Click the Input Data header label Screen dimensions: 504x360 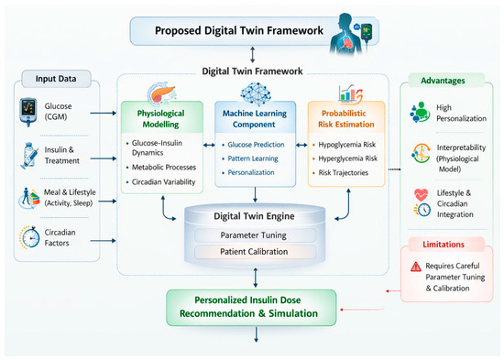coord(56,79)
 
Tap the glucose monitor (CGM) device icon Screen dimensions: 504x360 coord(28,112)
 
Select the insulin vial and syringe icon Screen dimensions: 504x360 coord(30,156)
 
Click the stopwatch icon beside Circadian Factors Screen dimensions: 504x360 coord(29,237)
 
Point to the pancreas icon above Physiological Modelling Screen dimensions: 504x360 coord(161,93)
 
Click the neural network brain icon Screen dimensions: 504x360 coord(256,93)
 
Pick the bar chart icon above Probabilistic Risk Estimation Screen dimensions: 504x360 coord(350,93)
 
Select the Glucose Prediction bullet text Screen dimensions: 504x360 coord(256,145)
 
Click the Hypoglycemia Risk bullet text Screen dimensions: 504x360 coord(346,145)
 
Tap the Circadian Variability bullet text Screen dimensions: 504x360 coord(164,182)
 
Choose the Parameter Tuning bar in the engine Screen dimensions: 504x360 coord(254,235)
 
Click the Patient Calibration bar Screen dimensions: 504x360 coord(254,252)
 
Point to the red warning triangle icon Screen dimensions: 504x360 coord(416,267)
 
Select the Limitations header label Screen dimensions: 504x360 coord(444,245)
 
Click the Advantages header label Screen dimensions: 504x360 coord(443,81)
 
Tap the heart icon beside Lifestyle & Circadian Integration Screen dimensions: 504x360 coord(422,195)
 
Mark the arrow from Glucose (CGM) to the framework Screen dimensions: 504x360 coord(104,114)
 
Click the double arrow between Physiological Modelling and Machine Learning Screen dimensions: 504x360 coord(209,146)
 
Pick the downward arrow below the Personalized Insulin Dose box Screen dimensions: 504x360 coord(257,334)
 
